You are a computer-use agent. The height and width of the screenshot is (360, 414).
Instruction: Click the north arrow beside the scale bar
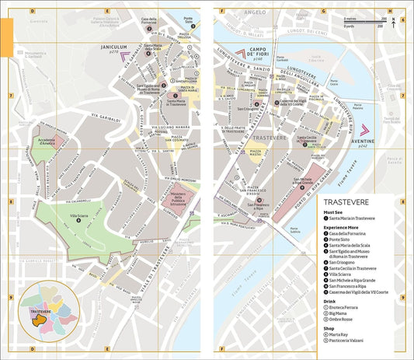click(394, 21)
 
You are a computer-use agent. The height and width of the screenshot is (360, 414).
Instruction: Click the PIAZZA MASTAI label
click(257, 149)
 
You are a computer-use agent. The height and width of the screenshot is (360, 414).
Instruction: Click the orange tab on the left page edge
click(5, 36)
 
